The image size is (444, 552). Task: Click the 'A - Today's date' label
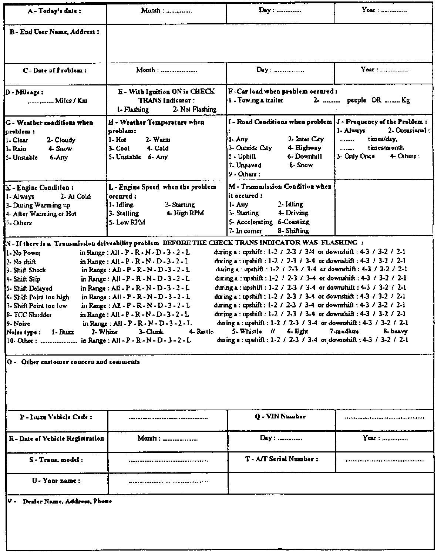(x=55, y=11)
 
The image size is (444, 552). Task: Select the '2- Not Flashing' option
(x=195, y=110)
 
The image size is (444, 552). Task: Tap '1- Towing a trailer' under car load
(x=256, y=100)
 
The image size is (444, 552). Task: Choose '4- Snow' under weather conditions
(x=60, y=149)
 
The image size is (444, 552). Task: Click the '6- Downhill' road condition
(x=305, y=156)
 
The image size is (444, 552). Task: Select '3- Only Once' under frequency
(x=356, y=156)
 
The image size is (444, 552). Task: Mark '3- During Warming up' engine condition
(x=38, y=205)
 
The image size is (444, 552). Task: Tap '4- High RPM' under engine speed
(x=185, y=213)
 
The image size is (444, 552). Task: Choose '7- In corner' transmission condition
(x=245, y=231)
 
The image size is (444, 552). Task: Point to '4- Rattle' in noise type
(x=201, y=332)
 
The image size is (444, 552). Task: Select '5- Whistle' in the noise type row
(x=247, y=332)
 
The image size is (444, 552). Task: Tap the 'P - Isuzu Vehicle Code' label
(x=56, y=417)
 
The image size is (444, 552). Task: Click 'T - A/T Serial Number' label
(x=282, y=459)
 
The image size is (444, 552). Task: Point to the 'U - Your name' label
(x=57, y=481)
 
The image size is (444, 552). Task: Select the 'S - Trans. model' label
(x=56, y=460)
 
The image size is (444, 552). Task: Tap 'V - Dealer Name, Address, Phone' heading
(x=60, y=502)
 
